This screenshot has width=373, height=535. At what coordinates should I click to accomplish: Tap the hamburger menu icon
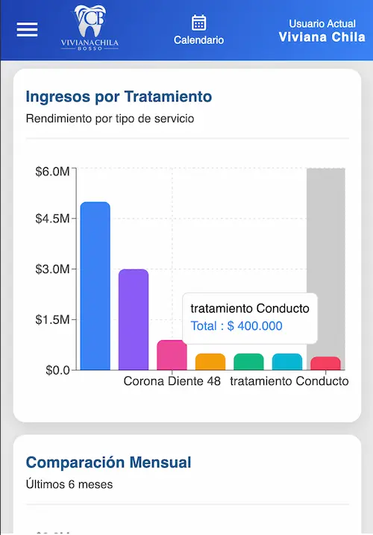[x=27, y=29]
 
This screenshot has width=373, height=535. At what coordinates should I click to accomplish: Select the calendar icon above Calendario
[x=198, y=22]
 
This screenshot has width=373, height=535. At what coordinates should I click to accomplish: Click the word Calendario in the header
[x=198, y=40]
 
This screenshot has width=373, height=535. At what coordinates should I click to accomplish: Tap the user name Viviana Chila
[x=322, y=37]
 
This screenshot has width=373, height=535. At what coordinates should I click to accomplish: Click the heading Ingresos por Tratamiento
[x=119, y=96]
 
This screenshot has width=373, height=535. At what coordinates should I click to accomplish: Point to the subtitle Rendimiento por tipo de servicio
[x=110, y=119]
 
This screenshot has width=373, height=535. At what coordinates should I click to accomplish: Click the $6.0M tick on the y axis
[x=52, y=172]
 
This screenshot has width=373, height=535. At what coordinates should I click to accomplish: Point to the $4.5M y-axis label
[x=52, y=219]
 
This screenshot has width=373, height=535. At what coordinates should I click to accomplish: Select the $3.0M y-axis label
[x=52, y=269]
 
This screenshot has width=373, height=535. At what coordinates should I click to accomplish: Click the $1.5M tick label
[x=52, y=319]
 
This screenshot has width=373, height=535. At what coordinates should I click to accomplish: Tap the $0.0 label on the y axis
[x=57, y=370]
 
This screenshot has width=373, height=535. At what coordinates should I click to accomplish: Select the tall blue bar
[x=95, y=286]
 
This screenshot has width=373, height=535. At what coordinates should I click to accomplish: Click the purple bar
[x=134, y=319]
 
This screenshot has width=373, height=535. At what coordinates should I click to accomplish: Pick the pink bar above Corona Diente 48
[x=172, y=355]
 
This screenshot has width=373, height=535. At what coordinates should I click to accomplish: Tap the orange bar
[x=210, y=362]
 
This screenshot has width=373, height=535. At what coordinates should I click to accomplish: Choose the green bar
[x=248, y=362]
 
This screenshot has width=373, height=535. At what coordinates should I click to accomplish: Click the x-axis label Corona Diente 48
[x=172, y=381]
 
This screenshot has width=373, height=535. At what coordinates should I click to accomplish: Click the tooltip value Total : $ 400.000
[x=236, y=326]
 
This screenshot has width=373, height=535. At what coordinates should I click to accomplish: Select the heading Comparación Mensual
[x=108, y=463]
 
